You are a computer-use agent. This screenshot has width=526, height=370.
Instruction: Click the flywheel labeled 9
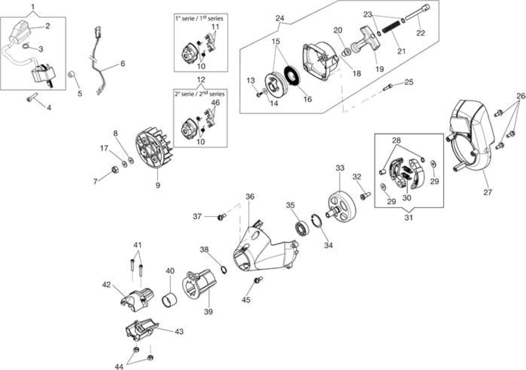coord(154,148)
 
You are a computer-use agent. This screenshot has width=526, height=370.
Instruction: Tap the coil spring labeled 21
coord(391,27)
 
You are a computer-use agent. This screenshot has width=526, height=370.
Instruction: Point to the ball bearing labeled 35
coord(302,228)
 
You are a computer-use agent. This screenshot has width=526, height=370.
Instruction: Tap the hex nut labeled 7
coord(115,169)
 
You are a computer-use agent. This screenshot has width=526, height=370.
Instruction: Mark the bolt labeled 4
coord(32,98)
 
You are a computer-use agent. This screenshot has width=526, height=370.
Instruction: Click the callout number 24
coord(279,18)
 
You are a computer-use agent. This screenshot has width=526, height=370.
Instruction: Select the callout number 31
coord(408,217)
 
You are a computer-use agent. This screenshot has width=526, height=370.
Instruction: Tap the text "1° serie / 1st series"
coord(199,18)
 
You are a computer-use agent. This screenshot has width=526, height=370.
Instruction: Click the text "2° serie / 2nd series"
coord(199,94)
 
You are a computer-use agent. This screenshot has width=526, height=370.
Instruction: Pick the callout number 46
coord(215,103)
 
